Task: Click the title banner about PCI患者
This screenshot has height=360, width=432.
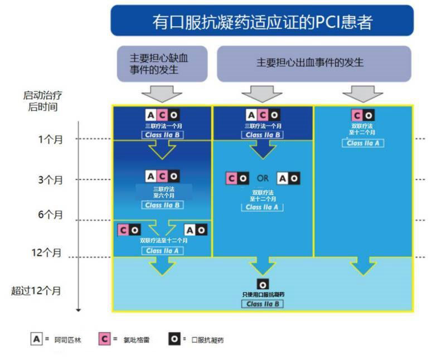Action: click(262, 21)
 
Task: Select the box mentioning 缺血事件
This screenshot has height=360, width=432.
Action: click(162, 64)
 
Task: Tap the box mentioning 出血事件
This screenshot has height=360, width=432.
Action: click(314, 64)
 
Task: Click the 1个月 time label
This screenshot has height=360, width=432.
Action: click(51, 139)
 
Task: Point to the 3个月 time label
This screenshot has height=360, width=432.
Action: click(51, 180)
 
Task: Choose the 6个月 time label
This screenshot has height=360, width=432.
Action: click(51, 215)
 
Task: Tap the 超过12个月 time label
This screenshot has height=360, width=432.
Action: click(36, 290)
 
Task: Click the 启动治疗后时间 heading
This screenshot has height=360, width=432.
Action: click(43, 101)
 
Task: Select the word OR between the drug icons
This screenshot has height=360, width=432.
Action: click(263, 178)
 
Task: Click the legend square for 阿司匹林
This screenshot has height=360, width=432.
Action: click(37, 339)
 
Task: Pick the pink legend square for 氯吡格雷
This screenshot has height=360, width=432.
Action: click(104, 339)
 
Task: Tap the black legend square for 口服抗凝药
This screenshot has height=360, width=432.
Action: click(174, 339)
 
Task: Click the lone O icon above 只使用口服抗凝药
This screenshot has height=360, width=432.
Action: click(263, 285)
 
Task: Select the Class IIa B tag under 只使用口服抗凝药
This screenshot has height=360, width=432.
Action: click(263, 304)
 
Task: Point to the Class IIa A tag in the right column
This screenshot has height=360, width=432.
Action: click(363, 143)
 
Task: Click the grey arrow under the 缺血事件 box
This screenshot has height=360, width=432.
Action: click(162, 94)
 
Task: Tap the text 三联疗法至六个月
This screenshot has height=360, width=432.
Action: click(164, 192)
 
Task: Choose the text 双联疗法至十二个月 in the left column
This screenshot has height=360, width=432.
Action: click(164, 240)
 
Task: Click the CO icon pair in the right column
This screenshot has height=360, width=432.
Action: click(363, 115)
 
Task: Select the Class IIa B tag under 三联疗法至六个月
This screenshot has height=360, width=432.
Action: click(162, 205)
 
